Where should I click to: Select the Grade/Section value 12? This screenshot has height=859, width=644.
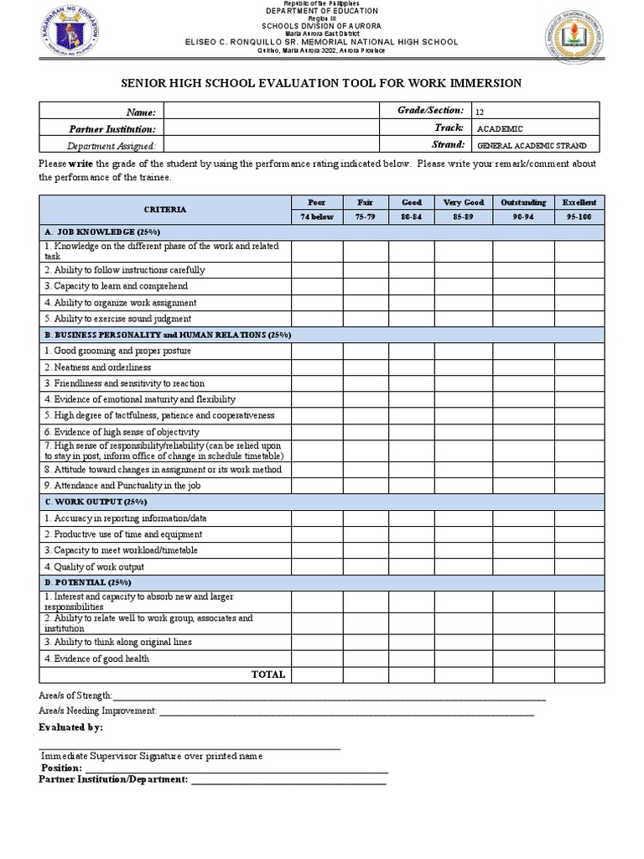click(480, 112)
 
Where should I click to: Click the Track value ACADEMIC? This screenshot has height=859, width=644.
click(500, 128)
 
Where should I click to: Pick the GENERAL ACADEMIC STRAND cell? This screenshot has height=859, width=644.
click(531, 145)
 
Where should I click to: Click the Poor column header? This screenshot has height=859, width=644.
click(317, 202)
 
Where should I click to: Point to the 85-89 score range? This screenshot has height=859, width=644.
click(463, 216)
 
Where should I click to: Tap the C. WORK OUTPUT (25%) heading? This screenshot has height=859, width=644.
click(96, 502)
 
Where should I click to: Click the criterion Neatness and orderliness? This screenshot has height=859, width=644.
click(98, 367)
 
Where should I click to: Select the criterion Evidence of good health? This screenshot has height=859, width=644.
click(96, 659)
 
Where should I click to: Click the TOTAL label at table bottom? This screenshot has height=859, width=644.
click(268, 674)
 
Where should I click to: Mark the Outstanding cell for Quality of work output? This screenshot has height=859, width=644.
click(523, 567)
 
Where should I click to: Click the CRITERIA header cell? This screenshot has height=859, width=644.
click(165, 210)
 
